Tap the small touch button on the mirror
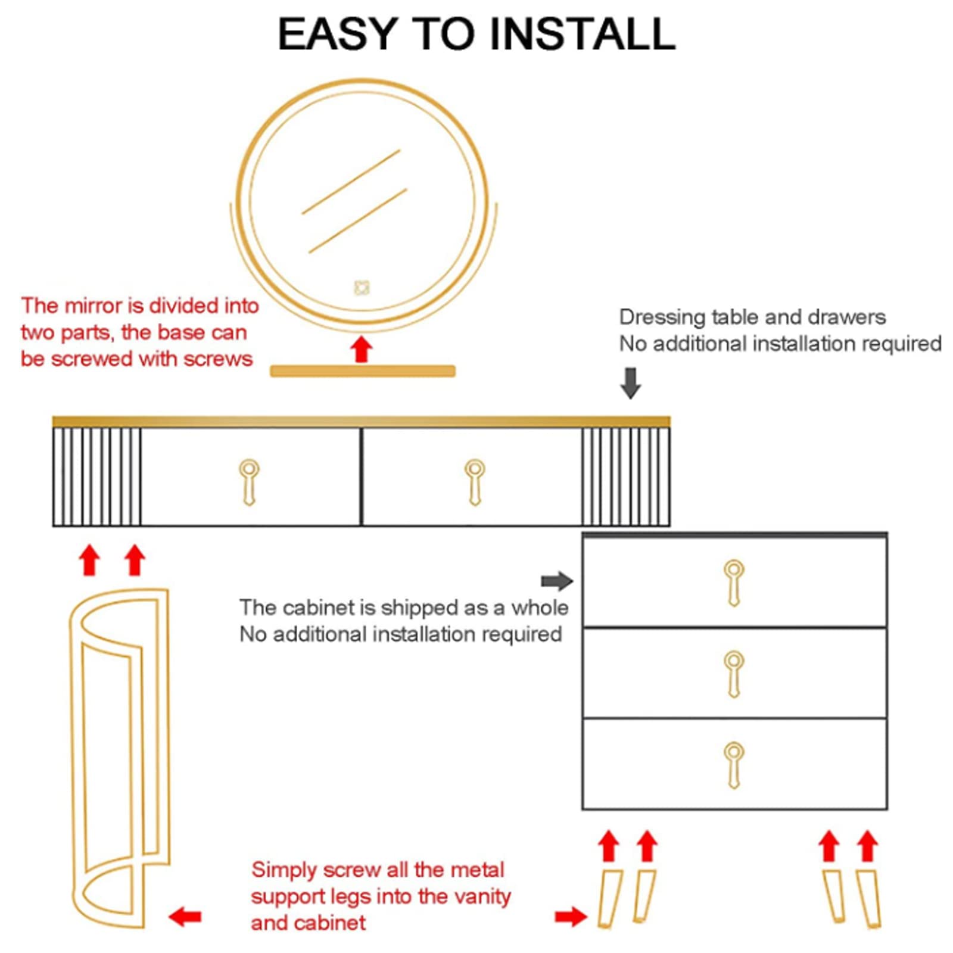pos(362,288)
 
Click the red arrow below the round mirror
pos(361,349)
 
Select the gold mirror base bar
pos(363,371)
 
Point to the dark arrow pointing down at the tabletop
pos(631,383)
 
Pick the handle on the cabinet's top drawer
pos(734,583)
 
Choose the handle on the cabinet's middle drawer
pos(734,674)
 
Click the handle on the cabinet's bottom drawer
pos(734,765)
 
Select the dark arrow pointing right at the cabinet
pos(557,581)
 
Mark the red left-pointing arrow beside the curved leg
pos(185,917)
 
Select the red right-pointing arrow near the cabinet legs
pos(571,917)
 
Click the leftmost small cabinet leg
pos(610,899)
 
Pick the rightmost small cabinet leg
pos(869,899)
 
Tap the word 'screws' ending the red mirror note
pos(218,359)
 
